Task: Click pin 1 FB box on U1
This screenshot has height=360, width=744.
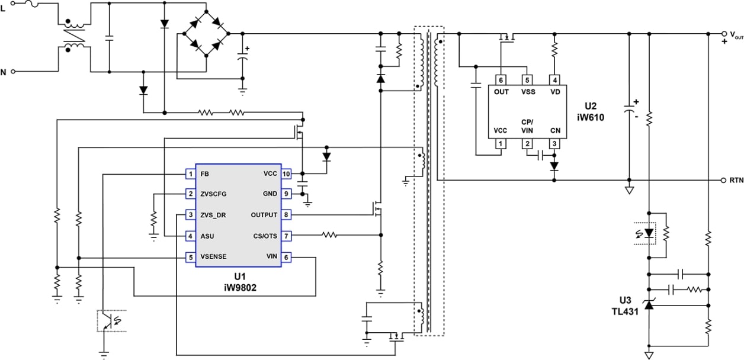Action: (190, 174)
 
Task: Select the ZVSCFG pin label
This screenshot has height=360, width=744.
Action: (214, 194)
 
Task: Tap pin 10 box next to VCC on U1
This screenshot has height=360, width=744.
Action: (286, 174)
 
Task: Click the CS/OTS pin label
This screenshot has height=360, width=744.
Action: (264, 236)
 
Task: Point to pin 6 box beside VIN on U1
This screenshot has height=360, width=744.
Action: (286, 257)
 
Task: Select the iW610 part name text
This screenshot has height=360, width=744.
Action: (594, 117)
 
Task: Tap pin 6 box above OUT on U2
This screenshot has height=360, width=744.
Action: (501, 80)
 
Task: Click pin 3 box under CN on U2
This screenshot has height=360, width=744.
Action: (554, 144)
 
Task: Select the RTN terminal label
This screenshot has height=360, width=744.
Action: (735, 180)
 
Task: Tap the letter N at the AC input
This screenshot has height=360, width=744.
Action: (4, 72)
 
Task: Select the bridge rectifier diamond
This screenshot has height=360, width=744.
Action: (206, 34)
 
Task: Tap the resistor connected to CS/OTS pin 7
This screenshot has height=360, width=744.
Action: (329, 235)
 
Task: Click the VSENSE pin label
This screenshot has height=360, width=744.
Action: (214, 257)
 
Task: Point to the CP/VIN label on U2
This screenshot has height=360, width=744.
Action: (527, 126)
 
